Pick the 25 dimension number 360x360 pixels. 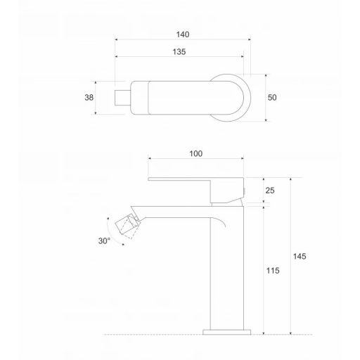[x=271, y=191]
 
